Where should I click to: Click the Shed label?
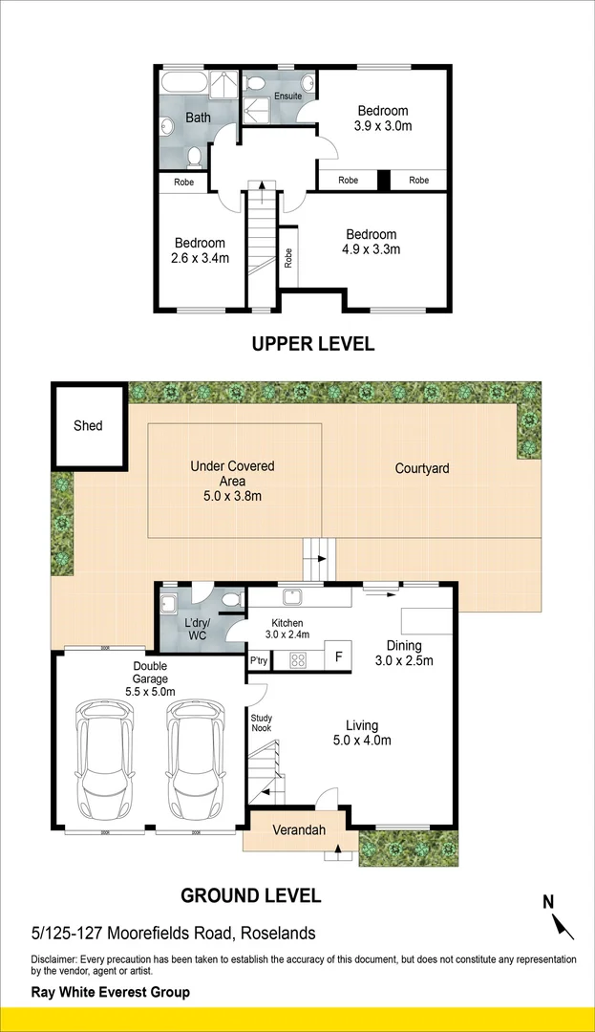click(x=88, y=426)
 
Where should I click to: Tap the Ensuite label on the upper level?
click(x=288, y=97)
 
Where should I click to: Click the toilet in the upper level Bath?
click(x=194, y=157)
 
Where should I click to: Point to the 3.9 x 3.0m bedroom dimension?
click(x=383, y=126)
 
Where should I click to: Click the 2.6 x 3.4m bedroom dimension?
click(x=200, y=258)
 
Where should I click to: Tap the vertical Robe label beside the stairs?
click(x=288, y=257)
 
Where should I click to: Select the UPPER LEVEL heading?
click(x=313, y=344)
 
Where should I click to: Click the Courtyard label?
click(x=422, y=468)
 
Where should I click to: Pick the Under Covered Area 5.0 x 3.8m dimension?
click(x=233, y=496)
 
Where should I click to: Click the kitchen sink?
click(x=290, y=597)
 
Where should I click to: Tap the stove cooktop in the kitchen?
click(x=298, y=659)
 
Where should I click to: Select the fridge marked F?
click(x=339, y=656)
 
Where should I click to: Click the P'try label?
click(x=259, y=661)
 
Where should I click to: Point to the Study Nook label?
click(x=261, y=722)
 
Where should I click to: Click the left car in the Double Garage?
click(x=105, y=758)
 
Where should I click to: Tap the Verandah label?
click(x=299, y=830)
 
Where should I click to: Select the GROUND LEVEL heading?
click(x=250, y=895)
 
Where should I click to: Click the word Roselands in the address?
click(x=278, y=934)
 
